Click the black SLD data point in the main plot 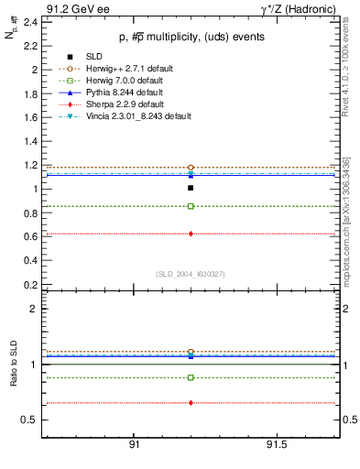click(x=191, y=188)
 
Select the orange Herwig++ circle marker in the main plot click(x=191, y=168)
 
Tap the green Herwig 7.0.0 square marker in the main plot click(x=191, y=206)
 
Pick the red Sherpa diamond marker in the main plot click(x=191, y=234)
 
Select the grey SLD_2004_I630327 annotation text click(x=191, y=274)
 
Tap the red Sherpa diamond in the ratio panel click(x=191, y=403)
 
